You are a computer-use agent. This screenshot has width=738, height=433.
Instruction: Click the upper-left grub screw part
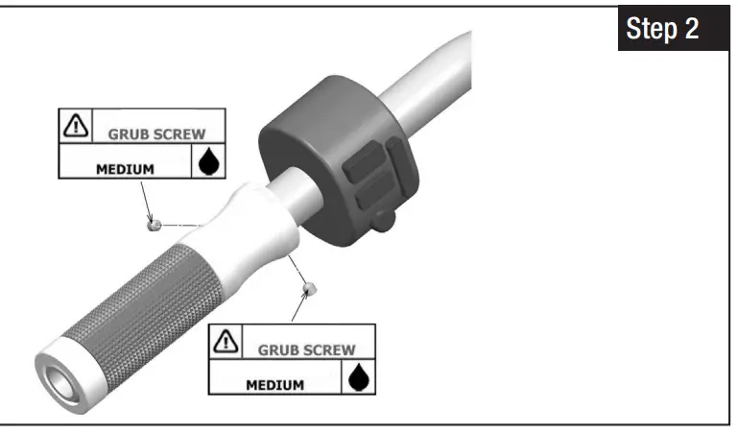[152, 225]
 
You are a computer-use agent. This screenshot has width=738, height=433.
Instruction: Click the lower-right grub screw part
[309, 286]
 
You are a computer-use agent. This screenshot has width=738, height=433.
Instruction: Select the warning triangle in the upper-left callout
[75, 125]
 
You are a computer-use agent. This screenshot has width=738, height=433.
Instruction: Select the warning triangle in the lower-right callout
[225, 340]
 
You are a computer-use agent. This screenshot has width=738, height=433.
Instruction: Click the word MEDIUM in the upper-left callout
[125, 169]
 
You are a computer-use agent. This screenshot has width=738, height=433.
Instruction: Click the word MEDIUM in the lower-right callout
[274, 385]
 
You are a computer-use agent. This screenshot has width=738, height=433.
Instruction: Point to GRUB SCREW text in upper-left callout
[155, 133]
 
